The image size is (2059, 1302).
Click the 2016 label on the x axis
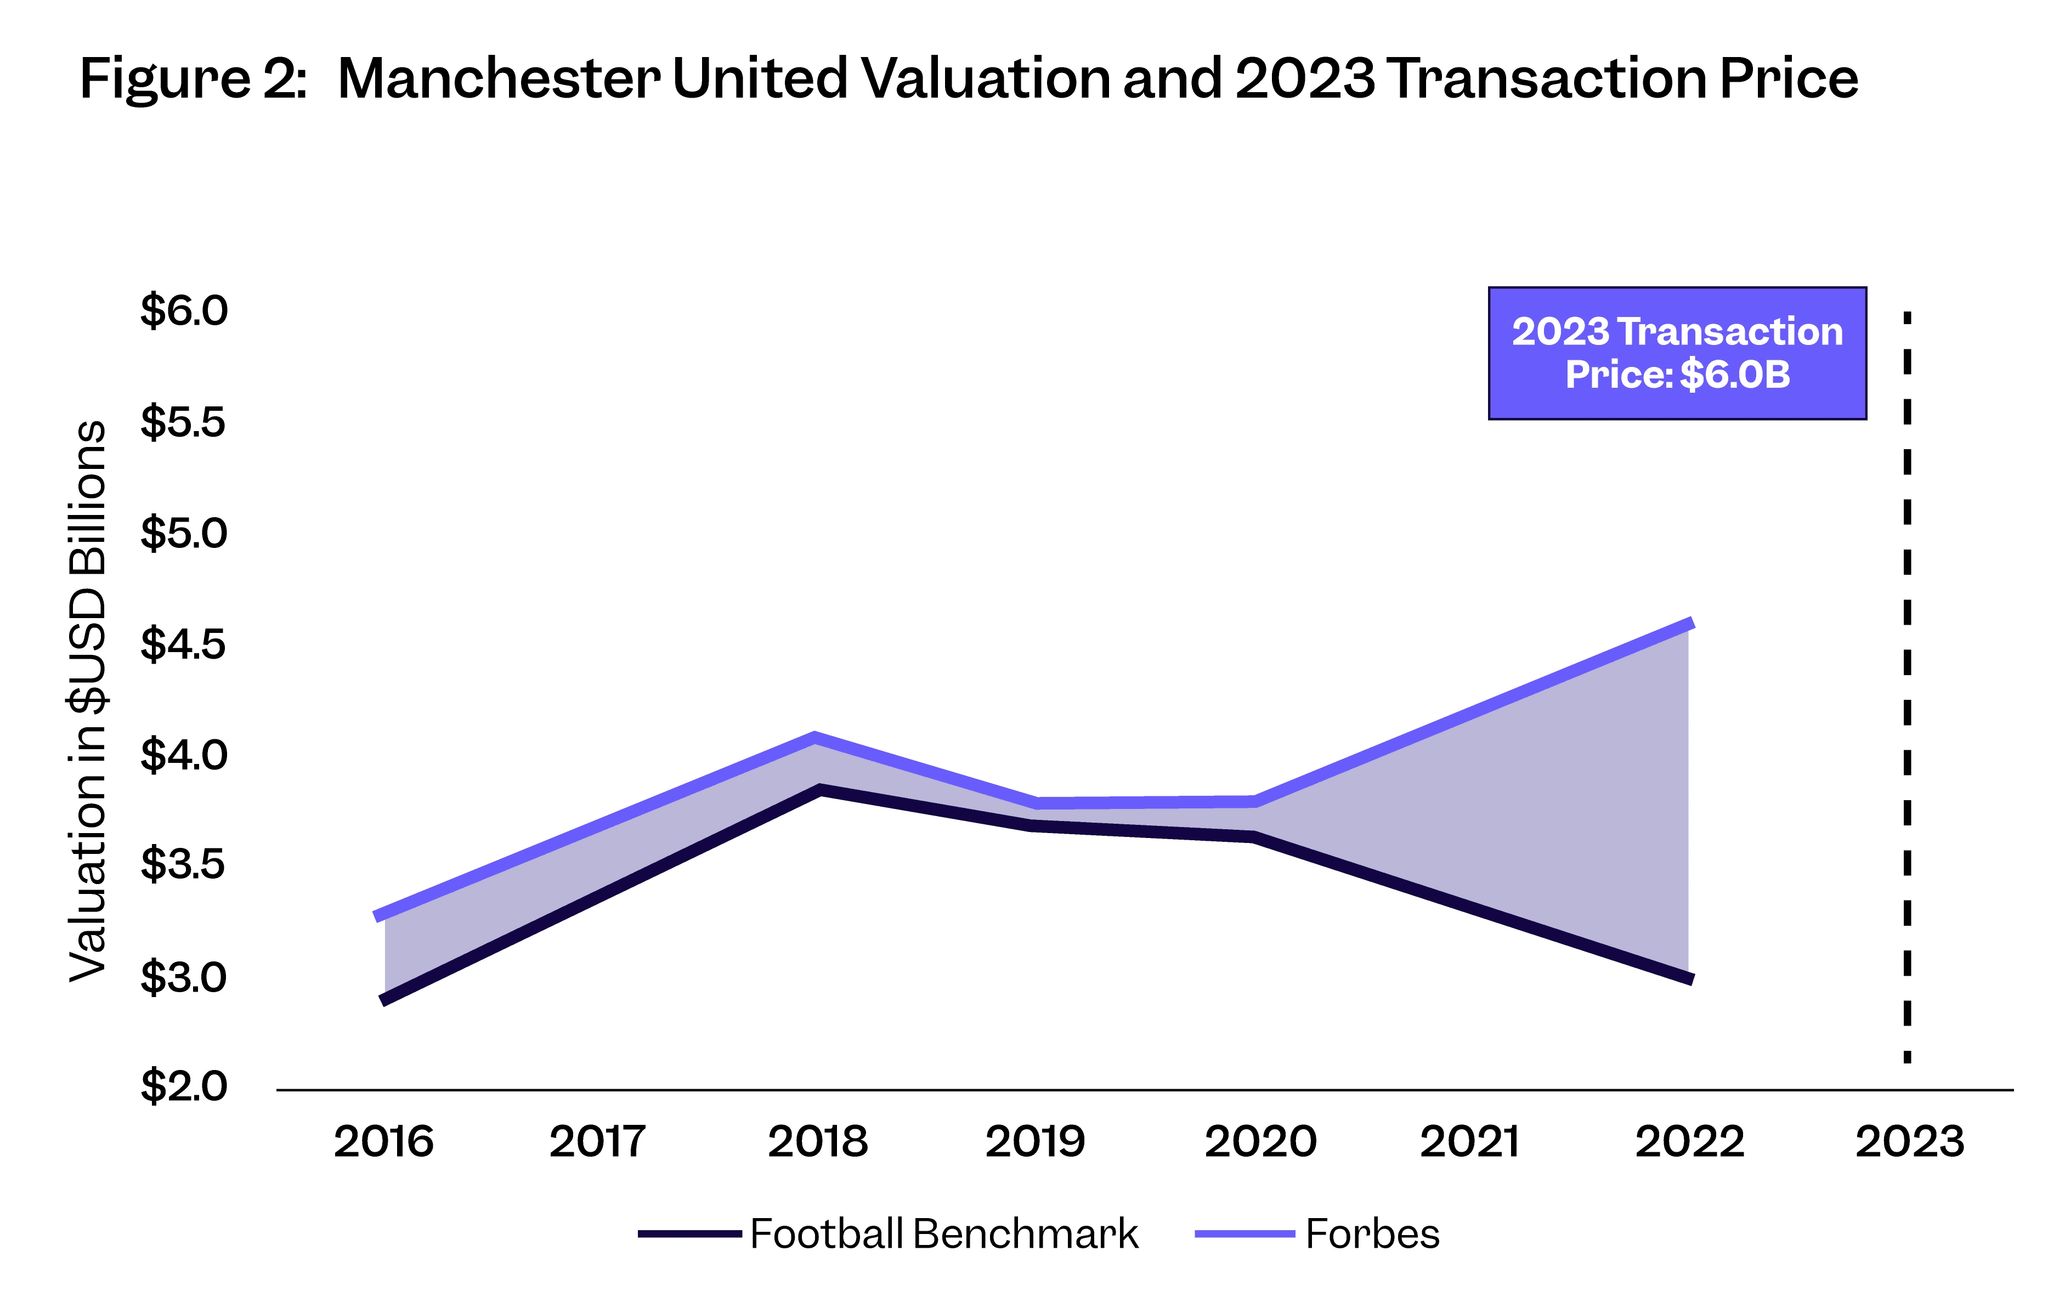click(383, 1142)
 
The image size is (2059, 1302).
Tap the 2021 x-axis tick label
click(1470, 1142)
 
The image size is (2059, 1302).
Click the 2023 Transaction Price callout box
click(1677, 353)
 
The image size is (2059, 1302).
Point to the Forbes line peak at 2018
click(816, 738)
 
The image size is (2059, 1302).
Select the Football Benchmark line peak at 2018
click(819, 789)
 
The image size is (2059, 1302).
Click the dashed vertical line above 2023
click(1907, 684)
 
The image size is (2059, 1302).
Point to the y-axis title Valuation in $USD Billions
click(88, 701)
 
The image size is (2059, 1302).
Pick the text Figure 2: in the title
click(193, 78)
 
